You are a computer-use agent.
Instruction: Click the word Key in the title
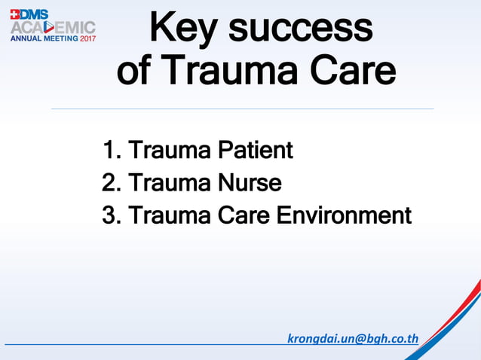182,29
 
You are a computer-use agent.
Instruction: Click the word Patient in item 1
255,151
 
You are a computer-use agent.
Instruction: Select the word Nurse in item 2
250,183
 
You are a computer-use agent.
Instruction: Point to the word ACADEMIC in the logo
53,27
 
